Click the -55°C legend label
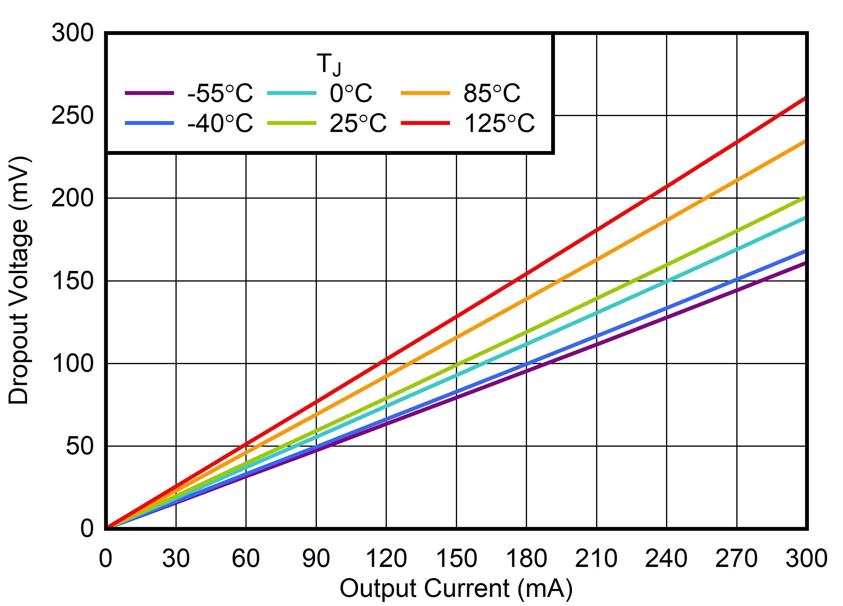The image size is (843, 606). pyautogui.click(x=220, y=93)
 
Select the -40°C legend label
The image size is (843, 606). pyautogui.click(x=220, y=123)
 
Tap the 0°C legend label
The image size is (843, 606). pyautogui.click(x=350, y=93)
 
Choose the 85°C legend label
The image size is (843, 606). pyautogui.click(x=492, y=93)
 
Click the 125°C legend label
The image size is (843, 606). pyautogui.click(x=499, y=123)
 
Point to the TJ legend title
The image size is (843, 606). pyautogui.click(x=329, y=64)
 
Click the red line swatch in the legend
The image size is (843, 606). pyautogui.click(x=425, y=123)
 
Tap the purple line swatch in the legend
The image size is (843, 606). pyautogui.click(x=149, y=93)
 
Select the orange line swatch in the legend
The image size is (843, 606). pyautogui.click(x=425, y=93)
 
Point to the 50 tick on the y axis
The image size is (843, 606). pyautogui.click(x=80, y=446)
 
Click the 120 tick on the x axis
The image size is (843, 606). pyautogui.click(x=386, y=558)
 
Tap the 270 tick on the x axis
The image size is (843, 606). pyautogui.click(x=736, y=558)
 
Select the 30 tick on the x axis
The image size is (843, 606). pyautogui.click(x=176, y=558)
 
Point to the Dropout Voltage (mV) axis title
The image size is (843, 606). pyautogui.click(x=19, y=281)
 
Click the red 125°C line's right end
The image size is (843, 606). pyautogui.click(x=804, y=98)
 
